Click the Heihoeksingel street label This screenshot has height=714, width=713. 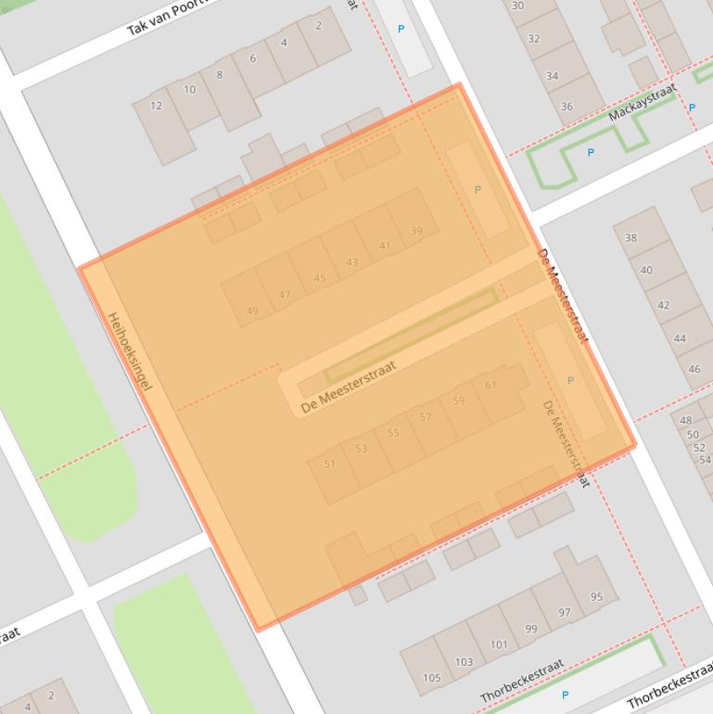129,351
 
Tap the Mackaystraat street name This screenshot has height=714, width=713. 643,103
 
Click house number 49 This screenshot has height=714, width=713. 253,312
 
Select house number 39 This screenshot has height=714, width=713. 416,231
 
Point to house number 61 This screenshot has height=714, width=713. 490,385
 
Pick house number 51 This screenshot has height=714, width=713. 329,464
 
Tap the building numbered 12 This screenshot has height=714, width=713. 157,106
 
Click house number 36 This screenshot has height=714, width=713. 567,107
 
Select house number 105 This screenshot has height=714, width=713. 432,678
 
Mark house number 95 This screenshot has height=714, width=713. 596,597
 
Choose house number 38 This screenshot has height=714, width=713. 630,237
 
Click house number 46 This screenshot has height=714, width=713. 694,369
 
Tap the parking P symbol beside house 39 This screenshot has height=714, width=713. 477,189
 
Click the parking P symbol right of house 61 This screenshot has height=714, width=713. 570,380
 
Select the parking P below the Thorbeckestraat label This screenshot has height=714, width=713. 565,695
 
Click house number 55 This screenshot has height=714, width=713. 393,433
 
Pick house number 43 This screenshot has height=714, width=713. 351,262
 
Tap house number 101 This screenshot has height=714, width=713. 499,644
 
